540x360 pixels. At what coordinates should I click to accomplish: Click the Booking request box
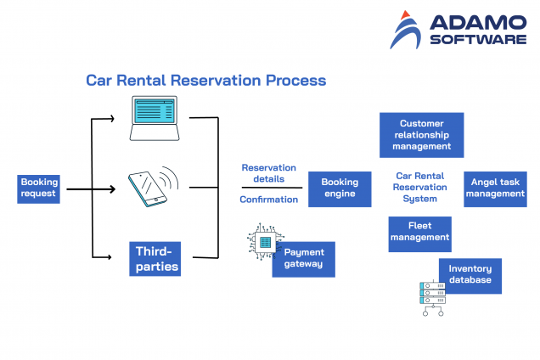pos(39,188)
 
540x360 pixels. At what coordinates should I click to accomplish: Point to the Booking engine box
pos(340,188)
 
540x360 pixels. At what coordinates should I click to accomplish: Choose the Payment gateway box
pos(304,259)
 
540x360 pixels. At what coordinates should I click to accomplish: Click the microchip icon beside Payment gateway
pos(265,243)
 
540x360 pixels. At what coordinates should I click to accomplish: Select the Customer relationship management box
pos(421,135)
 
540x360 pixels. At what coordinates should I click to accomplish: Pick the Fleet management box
pos(419,233)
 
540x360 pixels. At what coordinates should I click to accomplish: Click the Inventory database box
pos(470,275)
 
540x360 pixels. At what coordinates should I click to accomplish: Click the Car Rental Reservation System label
pos(419,188)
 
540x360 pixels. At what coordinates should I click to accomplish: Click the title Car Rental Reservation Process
pos(205,81)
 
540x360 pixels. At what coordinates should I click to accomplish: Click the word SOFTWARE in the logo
pos(478,39)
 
